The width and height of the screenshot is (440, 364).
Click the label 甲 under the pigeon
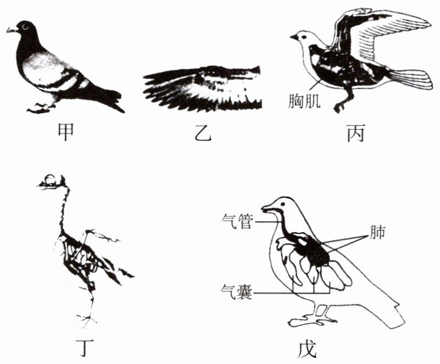pyautogui.click(x=65, y=133)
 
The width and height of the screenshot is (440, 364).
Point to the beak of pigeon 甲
pyautogui.click(x=11, y=30)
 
